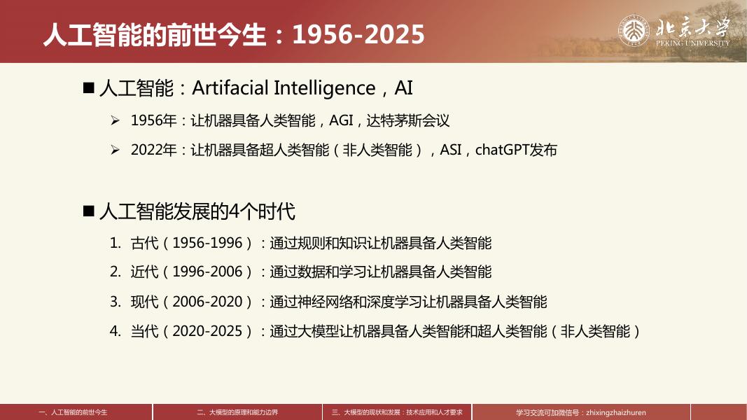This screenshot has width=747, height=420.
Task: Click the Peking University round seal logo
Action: coord(634,31)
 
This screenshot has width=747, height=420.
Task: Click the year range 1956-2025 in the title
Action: coord(358,34)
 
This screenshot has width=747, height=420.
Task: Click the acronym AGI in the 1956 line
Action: coord(341,120)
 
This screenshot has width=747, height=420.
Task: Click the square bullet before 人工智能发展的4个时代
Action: coord(88,211)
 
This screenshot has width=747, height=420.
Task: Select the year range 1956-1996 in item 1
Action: coord(207,243)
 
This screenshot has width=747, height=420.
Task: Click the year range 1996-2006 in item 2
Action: coord(207,272)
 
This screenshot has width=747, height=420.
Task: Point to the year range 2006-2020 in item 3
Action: coord(207,302)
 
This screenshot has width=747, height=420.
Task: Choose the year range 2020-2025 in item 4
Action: coord(207,331)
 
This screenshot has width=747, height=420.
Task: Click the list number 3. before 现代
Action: coord(115,302)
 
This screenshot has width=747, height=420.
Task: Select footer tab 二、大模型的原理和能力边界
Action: coord(237,412)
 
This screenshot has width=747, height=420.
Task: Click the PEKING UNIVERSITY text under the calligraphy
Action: coord(692,43)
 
